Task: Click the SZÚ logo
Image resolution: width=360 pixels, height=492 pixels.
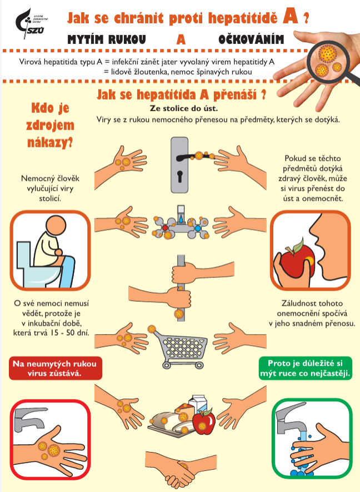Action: [x=31, y=23]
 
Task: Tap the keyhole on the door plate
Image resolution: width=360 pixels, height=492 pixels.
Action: [x=179, y=176]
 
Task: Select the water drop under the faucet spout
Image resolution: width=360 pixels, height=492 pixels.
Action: [x=181, y=218]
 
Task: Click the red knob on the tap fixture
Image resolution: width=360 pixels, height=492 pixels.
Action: [x=165, y=228]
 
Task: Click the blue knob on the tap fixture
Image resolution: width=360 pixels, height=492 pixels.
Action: [x=198, y=228]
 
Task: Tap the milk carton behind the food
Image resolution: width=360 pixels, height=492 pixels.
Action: [x=198, y=404]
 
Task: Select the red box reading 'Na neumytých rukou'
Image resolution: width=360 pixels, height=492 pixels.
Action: [x=55, y=369]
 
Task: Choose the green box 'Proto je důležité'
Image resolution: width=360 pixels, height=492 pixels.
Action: [x=305, y=369]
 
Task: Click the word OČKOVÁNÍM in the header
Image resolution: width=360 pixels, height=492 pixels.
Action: [x=251, y=39]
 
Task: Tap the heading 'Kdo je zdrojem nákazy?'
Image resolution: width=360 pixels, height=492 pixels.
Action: [x=50, y=125]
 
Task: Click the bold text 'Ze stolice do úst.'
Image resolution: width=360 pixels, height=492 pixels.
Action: [x=184, y=108]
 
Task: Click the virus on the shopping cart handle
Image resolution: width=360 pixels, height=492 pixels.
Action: [x=152, y=329]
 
